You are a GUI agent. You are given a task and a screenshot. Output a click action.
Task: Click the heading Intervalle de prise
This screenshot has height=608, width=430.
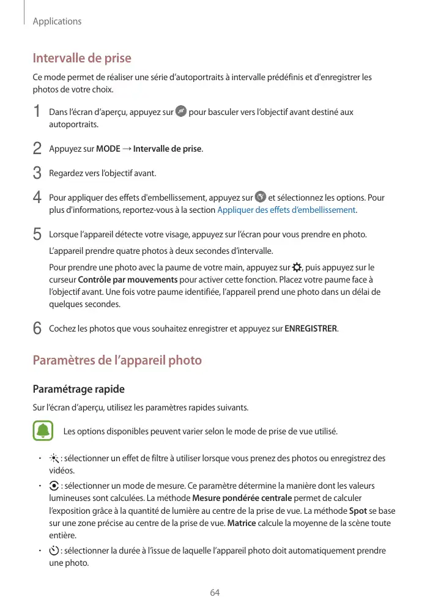coord(82,59)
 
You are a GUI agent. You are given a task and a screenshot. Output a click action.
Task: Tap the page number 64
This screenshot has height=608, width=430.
coord(215,593)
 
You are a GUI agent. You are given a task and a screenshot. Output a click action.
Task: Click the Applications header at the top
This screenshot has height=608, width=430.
coord(57,21)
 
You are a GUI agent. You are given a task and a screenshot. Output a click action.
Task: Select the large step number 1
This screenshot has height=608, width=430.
coord(37,113)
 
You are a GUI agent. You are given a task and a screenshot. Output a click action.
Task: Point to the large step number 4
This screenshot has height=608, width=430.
coord(37,198)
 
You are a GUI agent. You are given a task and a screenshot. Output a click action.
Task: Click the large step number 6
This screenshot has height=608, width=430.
coord(37,329)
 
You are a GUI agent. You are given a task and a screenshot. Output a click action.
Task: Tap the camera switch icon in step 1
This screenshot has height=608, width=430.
coord(180,112)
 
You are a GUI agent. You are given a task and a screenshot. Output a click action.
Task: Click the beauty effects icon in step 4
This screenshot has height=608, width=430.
coord(260,198)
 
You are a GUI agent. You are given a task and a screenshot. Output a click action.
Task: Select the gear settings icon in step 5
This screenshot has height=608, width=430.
coord(297,267)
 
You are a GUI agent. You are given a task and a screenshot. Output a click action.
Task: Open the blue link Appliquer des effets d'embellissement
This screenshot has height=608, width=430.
coord(287,210)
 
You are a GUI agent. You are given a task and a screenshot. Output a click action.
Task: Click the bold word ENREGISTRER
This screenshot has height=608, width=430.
coord(311,329)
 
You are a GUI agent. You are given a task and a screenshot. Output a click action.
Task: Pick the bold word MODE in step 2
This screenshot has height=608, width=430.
coord(108,149)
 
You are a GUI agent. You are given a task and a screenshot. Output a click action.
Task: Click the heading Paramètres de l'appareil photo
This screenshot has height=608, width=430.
coord(117,360)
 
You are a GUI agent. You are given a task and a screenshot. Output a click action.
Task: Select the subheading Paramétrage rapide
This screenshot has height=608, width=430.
coord(78,389)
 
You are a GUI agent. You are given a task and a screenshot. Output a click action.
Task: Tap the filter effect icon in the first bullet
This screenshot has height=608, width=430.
coord(54,459)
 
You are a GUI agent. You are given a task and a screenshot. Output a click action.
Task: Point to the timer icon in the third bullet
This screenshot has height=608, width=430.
coord(54,551)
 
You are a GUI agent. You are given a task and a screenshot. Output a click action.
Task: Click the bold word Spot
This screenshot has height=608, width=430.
coord(358,511)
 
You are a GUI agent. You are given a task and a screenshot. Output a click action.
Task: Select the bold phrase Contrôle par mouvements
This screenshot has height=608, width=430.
coord(128,280)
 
